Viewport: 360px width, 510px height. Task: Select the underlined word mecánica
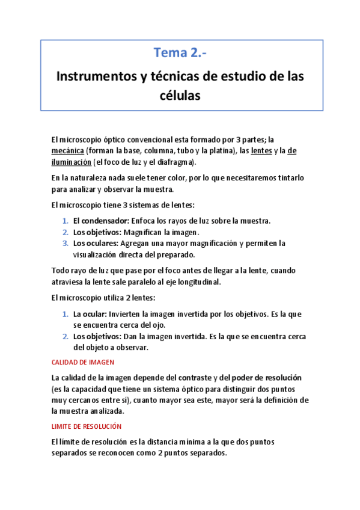coord(67,150)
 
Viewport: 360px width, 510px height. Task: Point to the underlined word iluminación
coord(72,162)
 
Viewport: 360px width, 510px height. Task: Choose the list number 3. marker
coord(66,243)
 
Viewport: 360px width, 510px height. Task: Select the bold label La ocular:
coord(90,314)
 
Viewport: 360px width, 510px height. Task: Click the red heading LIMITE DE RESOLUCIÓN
coord(87,426)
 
